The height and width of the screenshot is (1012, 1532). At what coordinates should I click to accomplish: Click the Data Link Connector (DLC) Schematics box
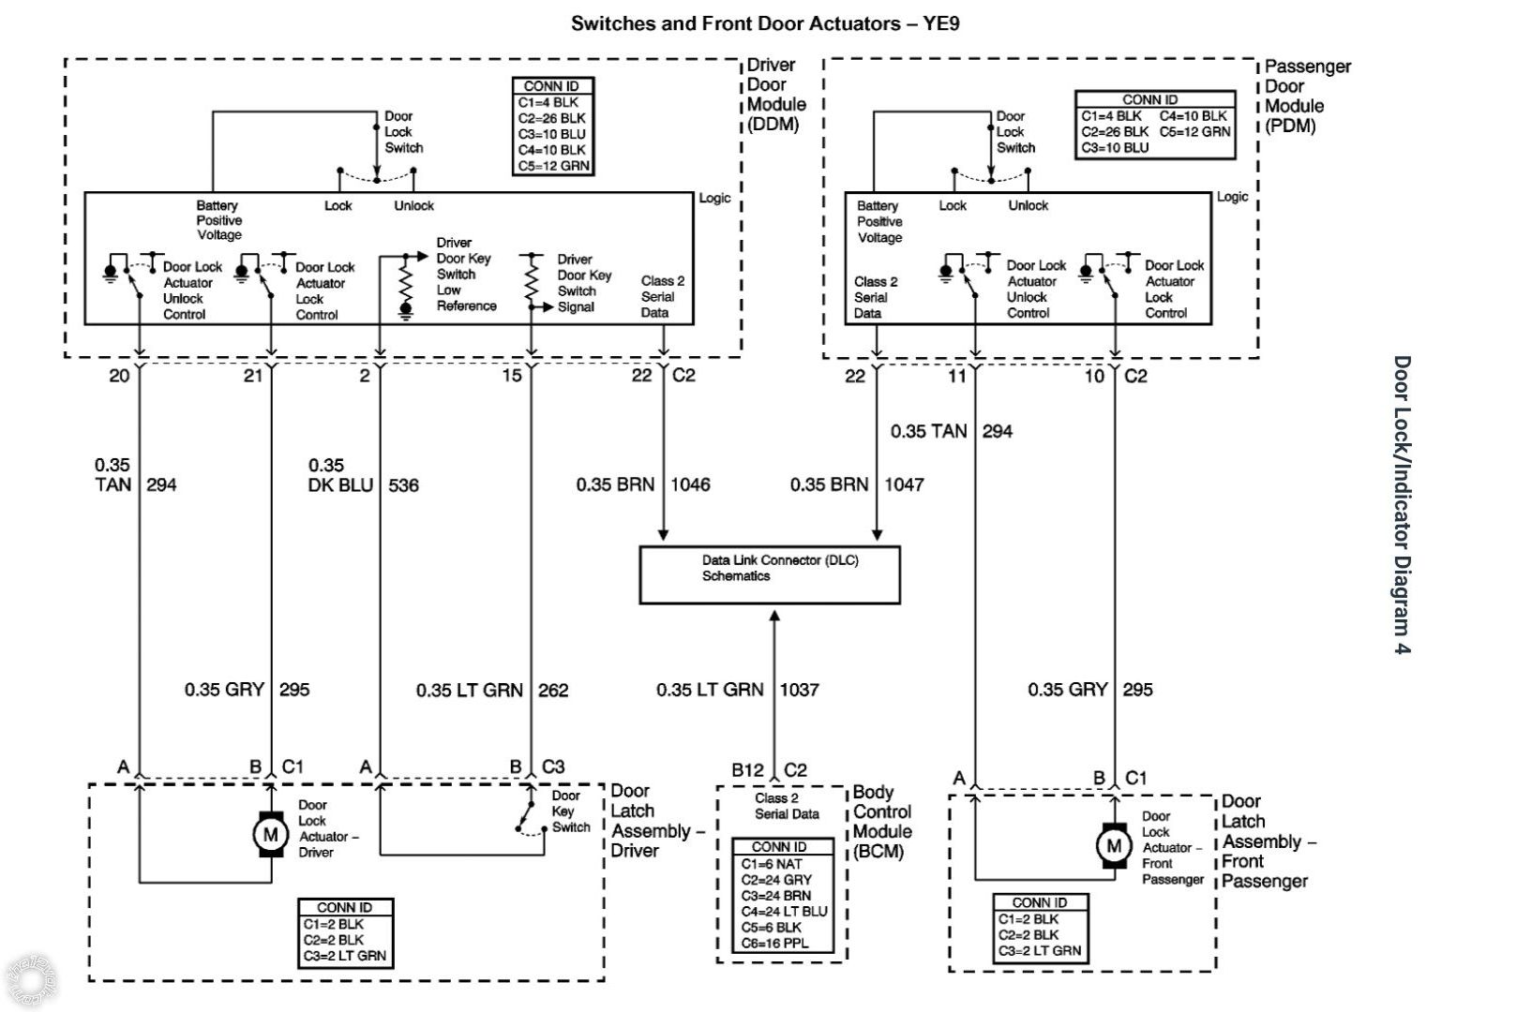click(x=769, y=574)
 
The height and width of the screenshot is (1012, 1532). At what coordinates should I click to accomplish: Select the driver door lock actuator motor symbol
click(x=270, y=834)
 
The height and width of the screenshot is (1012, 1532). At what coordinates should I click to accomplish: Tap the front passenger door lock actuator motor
click(x=1114, y=846)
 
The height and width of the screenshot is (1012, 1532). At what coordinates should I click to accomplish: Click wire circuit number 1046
click(x=689, y=484)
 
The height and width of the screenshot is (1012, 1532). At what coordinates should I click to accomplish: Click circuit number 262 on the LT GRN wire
click(x=553, y=691)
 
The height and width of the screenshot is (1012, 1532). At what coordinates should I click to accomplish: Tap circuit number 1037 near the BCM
click(x=799, y=691)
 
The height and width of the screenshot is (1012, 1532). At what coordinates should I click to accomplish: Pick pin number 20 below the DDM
click(x=119, y=376)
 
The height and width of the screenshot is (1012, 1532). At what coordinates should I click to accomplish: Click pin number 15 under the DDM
click(x=511, y=376)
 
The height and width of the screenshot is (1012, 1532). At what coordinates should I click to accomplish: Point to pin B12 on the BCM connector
click(x=747, y=770)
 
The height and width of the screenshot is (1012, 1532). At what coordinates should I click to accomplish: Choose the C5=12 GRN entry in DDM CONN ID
click(x=553, y=166)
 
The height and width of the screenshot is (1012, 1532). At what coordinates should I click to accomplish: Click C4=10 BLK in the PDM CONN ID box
click(x=1194, y=116)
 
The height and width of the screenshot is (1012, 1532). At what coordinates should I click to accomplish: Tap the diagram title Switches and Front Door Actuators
click(x=765, y=23)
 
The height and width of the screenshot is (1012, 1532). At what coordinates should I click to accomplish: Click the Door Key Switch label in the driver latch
click(x=570, y=811)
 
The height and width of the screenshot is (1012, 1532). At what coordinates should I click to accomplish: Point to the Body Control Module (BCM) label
click(x=882, y=822)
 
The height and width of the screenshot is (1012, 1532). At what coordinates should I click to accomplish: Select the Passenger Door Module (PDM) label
click(x=1307, y=96)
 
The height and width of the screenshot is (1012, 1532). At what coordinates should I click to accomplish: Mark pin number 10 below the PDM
click(x=1094, y=376)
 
